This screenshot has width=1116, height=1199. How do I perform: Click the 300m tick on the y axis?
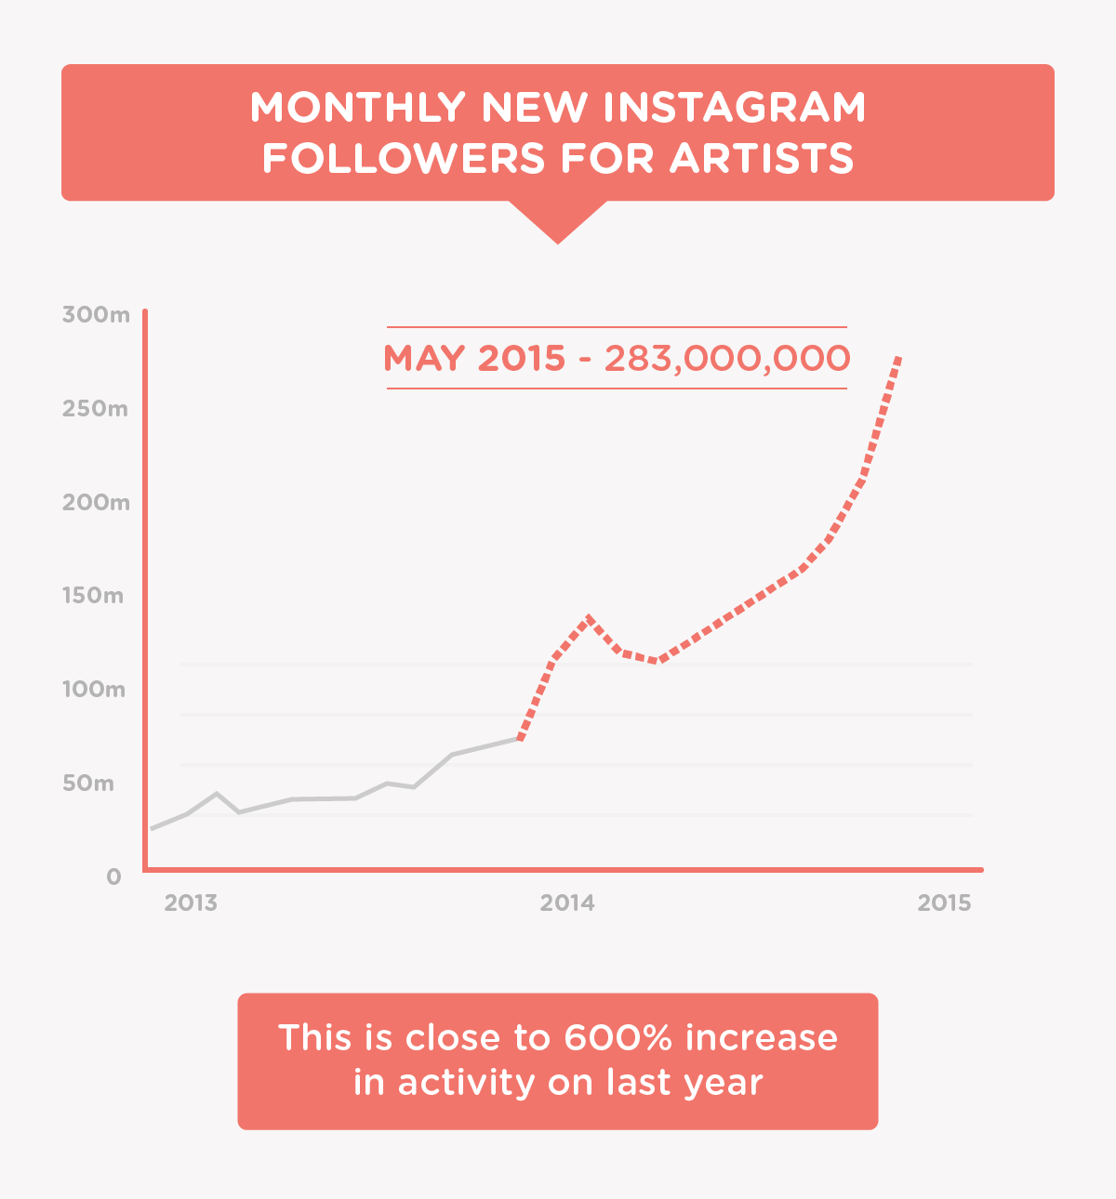(96, 314)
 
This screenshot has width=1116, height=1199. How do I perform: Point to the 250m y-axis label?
(95, 408)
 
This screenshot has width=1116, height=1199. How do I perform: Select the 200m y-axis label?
(96, 502)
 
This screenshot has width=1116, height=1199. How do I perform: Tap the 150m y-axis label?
(93, 595)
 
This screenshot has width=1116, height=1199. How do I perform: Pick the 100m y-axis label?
(94, 689)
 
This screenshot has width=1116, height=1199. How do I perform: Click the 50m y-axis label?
(88, 783)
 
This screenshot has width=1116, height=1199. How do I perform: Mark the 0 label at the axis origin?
(113, 876)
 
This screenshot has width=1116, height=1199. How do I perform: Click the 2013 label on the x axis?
(191, 903)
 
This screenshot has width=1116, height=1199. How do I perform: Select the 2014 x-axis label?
(567, 903)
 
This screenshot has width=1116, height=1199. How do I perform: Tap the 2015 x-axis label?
(944, 903)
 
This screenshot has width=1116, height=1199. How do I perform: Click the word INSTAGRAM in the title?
(735, 108)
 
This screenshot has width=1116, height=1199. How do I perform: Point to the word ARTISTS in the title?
(762, 158)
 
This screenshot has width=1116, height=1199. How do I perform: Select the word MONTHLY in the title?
(357, 108)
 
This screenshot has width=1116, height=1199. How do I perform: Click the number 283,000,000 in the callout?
(726, 358)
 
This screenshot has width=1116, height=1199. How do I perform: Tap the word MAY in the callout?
(424, 358)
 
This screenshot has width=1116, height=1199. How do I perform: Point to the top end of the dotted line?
(897, 357)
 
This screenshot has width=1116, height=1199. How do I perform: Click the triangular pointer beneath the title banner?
(558, 223)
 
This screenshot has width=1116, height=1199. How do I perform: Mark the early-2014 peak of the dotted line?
(590, 616)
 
